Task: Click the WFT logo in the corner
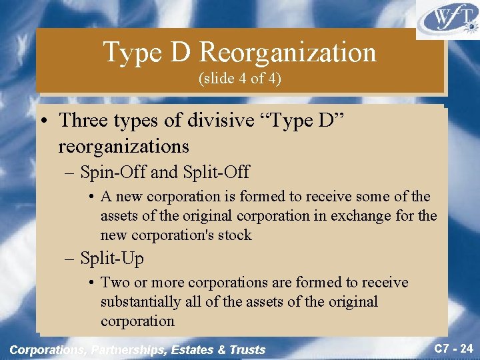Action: (x=447, y=19)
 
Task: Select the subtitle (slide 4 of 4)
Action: (x=240, y=79)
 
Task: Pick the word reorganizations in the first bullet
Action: (x=124, y=146)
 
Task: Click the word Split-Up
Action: (x=111, y=258)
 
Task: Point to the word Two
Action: (x=114, y=283)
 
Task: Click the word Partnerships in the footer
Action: (x=129, y=349)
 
